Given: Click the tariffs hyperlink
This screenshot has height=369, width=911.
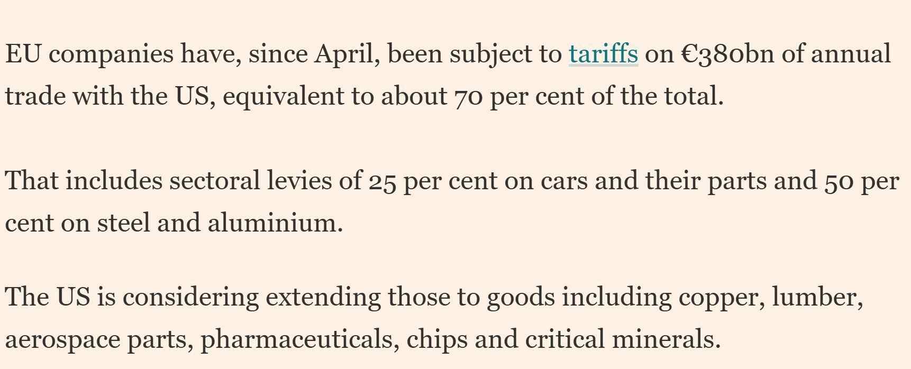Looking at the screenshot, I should (603, 54).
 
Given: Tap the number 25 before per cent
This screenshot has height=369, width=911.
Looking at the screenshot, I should (382, 181).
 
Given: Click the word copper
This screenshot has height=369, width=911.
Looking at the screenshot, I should (721, 297).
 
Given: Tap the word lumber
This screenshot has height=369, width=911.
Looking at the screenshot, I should (817, 297).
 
